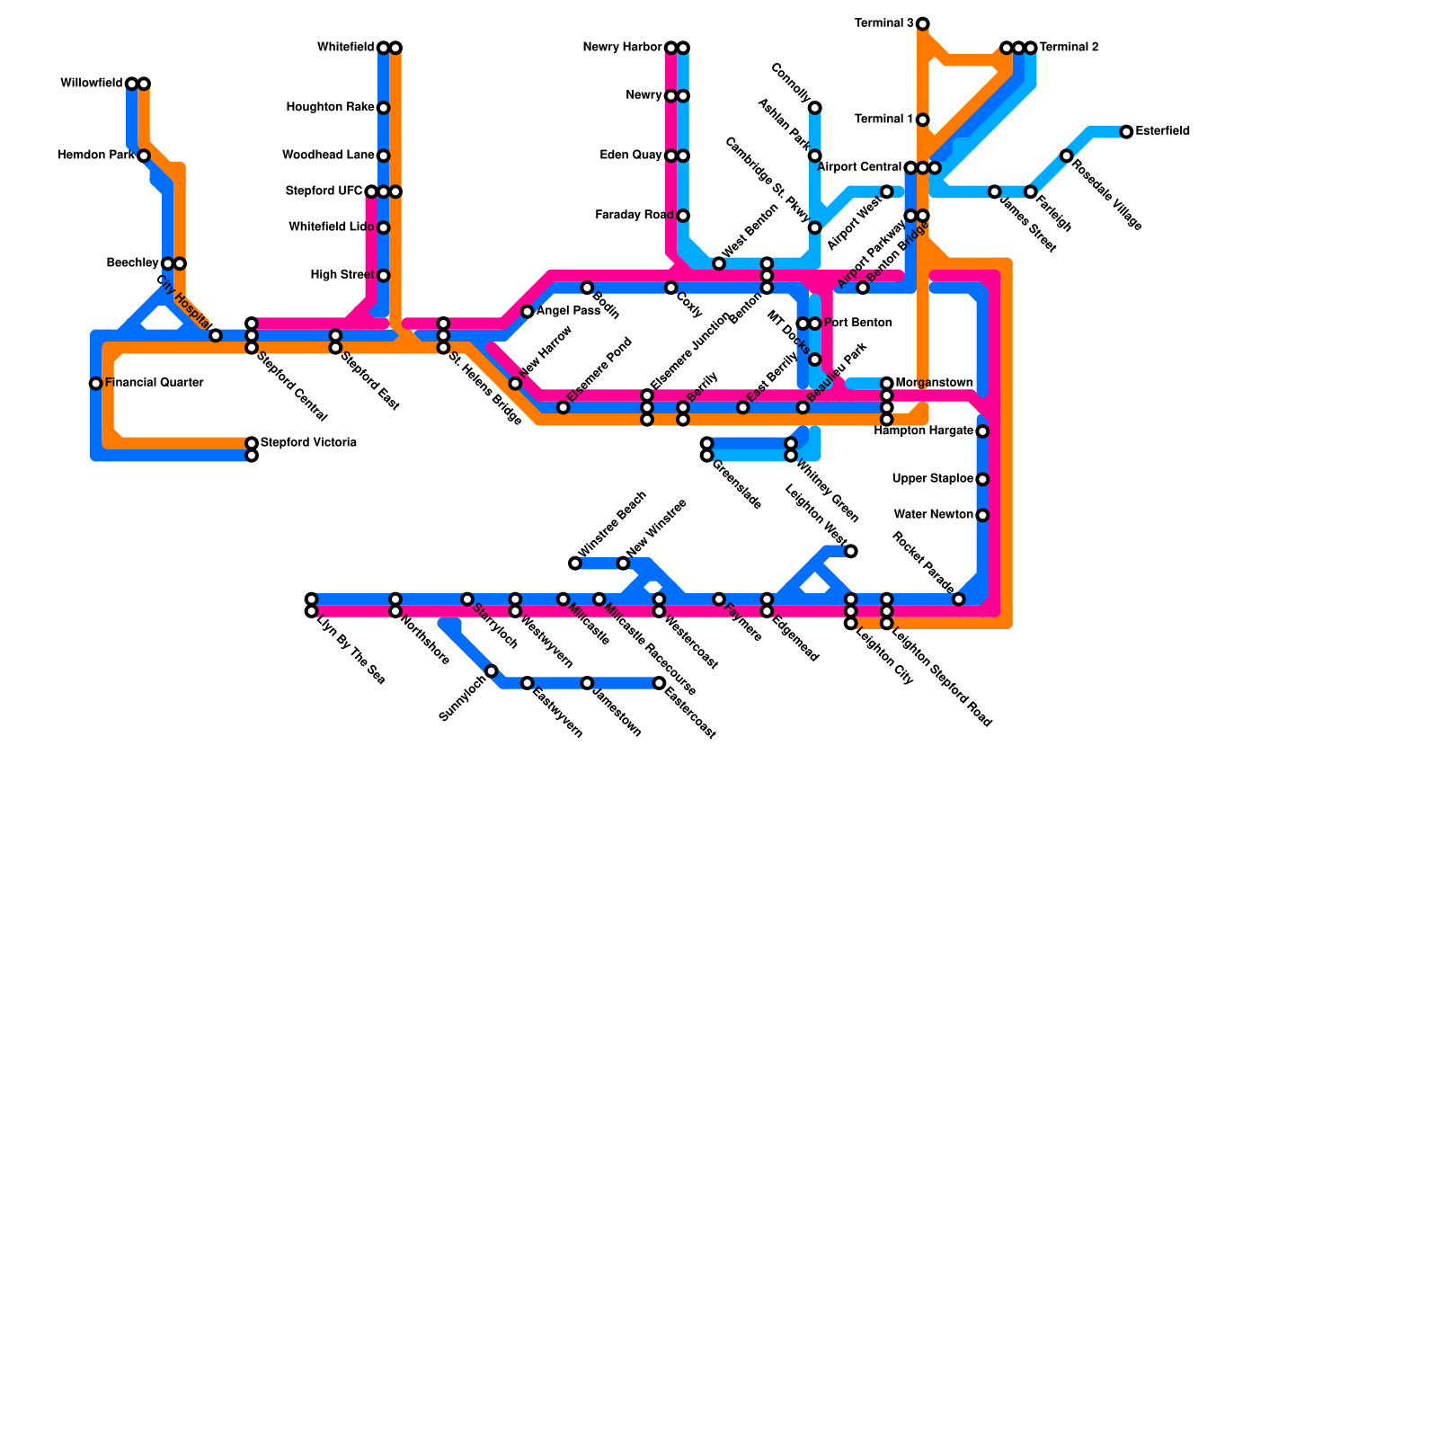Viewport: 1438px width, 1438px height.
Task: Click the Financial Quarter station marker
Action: point(96,384)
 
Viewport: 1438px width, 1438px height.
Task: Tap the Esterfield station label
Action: point(1162,131)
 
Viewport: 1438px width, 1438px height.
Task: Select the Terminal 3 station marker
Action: point(923,23)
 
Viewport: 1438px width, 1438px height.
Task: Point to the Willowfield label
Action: point(91,84)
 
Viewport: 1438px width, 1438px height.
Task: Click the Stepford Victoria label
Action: point(308,443)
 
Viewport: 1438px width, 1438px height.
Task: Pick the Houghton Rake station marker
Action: point(384,108)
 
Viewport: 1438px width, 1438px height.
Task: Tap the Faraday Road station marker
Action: point(683,216)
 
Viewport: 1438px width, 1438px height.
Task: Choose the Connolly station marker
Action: point(815,108)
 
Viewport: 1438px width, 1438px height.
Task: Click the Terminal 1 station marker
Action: point(923,120)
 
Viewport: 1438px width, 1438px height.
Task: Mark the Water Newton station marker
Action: point(983,515)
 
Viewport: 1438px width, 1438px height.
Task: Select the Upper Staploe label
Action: point(932,479)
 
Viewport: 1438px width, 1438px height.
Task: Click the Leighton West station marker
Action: point(851,551)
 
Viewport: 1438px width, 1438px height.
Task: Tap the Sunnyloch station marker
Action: point(492,671)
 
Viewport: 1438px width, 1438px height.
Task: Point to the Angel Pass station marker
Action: point(528,312)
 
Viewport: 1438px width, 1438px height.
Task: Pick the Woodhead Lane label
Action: point(328,155)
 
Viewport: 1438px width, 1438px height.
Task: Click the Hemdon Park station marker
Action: point(144,155)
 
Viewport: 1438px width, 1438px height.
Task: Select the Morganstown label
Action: point(934,383)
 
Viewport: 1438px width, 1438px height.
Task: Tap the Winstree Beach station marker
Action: point(575,564)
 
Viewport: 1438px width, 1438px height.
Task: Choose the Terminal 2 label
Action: point(1069,48)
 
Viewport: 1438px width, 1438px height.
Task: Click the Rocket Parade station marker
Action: point(959,599)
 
